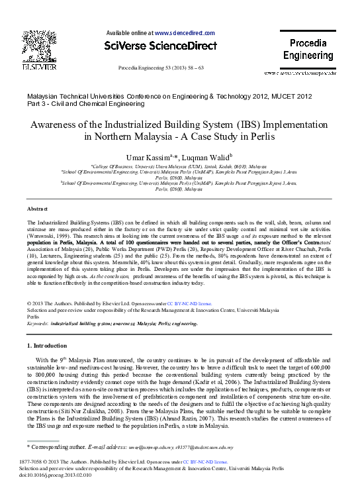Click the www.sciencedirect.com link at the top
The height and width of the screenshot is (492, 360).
(185, 32)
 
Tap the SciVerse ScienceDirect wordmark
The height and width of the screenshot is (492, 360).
(160, 46)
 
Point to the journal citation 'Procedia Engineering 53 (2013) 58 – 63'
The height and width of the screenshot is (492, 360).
(161, 68)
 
